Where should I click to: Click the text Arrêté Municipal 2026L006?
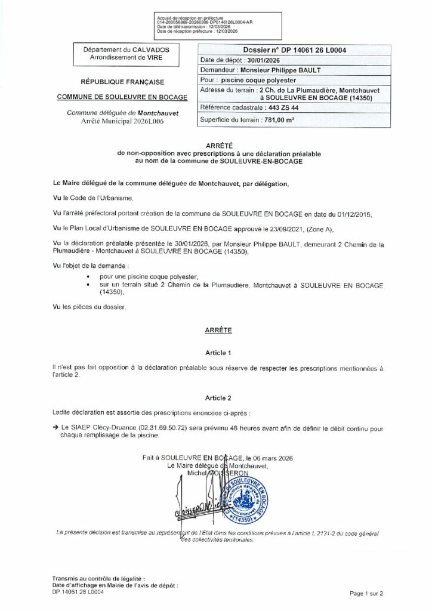click(x=122, y=121)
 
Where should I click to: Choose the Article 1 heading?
click(x=217, y=353)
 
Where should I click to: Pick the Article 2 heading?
click(x=217, y=397)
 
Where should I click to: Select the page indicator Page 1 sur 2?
click(x=366, y=594)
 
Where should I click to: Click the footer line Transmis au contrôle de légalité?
click(x=97, y=579)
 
